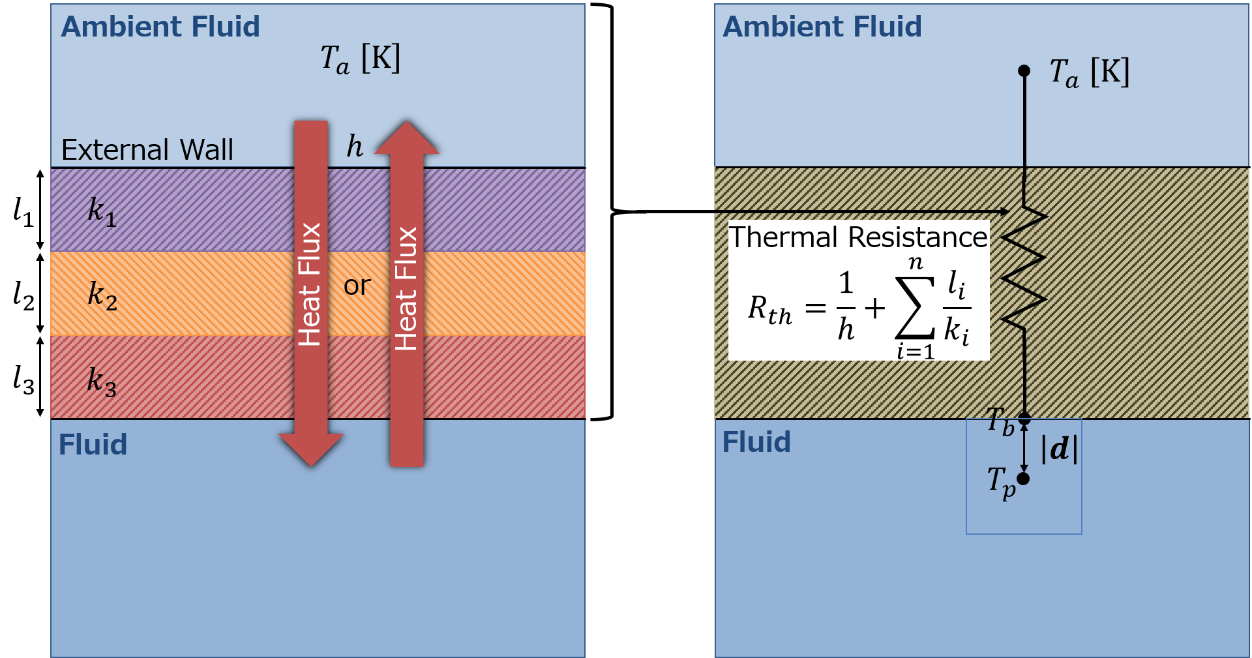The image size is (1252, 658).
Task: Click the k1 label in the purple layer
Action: tap(102, 211)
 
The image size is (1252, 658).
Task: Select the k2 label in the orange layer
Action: tap(102, 295)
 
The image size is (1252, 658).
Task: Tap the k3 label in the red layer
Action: tap(102, 381)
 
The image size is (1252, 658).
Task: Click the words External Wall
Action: tap(147, 150)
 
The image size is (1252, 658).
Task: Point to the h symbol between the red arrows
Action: tap(354, 146)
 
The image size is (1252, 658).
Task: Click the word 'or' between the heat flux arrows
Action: tap(357, 286)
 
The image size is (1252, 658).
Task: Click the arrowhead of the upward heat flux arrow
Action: tap(407, 138)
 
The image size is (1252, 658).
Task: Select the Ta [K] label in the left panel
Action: tap(360, 59)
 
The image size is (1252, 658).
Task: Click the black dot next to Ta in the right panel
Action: tap(1024, 70)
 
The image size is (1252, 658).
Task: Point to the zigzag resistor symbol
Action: tap(1024, 267)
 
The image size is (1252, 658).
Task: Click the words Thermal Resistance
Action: tap(857, 237)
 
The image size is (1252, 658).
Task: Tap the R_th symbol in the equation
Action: tap(769, 309)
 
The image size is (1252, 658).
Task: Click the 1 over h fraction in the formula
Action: tap(846, 307)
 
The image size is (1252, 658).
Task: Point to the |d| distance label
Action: tap(1059, 449)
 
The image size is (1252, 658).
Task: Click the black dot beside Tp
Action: tap(1023, 479)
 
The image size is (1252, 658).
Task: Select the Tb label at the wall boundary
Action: tap(1000, 421)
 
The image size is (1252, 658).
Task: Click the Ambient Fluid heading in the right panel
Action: tap(822, 27)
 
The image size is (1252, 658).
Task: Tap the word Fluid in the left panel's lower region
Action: tap(93, 445)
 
